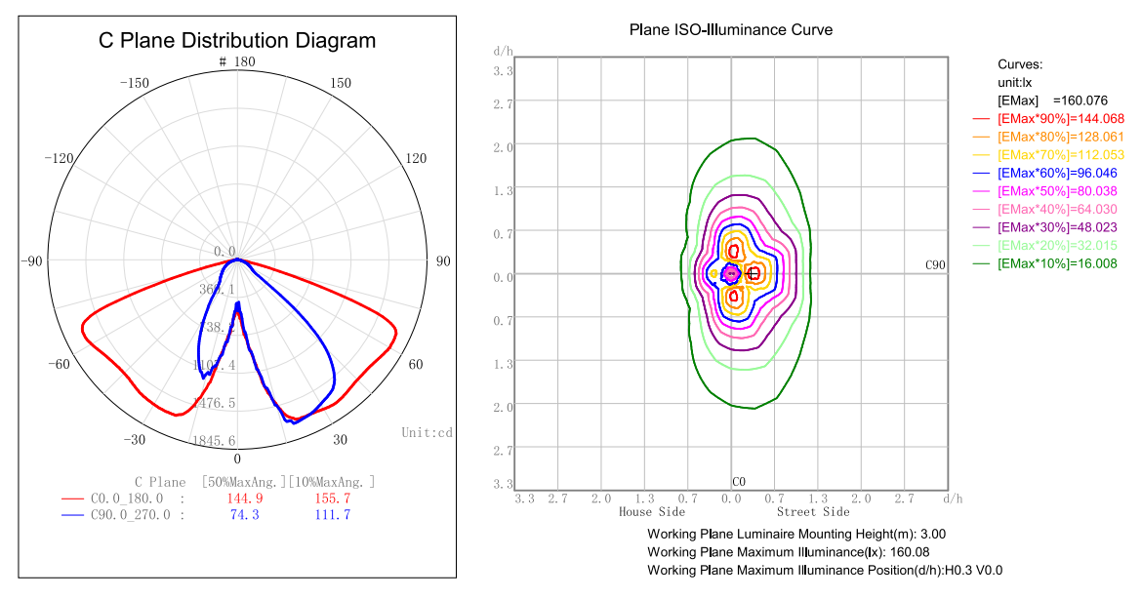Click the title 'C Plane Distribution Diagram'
click(237, 41)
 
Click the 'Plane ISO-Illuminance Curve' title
click(731, 29)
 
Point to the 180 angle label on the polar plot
click(243, 62)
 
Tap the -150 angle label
click(133, 83)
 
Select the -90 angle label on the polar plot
click(33, 260)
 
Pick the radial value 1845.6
click(215, 441)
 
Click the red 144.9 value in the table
click(244, 499)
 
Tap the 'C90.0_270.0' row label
click(130, 515)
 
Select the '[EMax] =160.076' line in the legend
click(1045, 100)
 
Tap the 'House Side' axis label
click(651, 511)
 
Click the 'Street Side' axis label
click(813, 511)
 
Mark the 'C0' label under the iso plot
click(739, 482)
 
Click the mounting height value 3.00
click(932, 534)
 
